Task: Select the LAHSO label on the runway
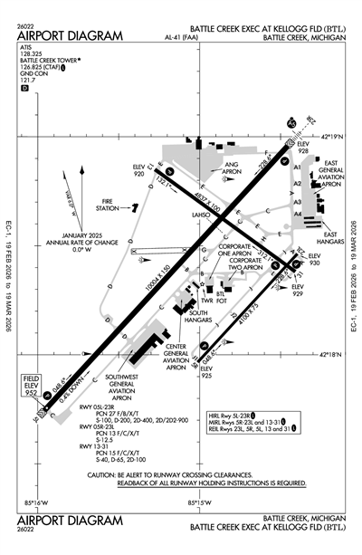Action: coord(200,215)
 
